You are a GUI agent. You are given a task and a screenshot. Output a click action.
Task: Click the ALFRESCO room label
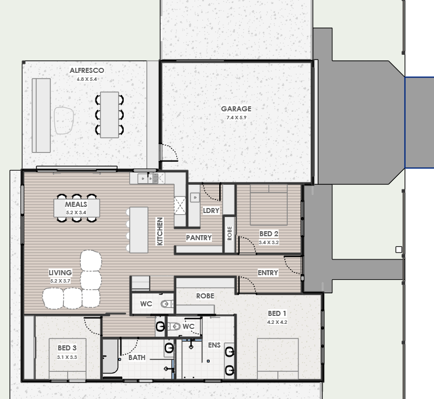[x=87, y=71]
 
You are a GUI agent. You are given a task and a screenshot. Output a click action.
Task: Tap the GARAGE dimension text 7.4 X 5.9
[x=236, y=118]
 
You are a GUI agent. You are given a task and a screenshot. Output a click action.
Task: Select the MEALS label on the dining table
[x=76, y=205]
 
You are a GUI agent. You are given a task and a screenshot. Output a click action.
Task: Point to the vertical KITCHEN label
[x=160, y=231]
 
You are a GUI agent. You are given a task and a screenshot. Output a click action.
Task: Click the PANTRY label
[x=199, y=237]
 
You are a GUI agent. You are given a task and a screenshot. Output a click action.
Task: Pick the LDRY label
[x=211, y=211]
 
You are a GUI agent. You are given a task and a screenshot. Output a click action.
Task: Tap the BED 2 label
[x=269, y=234]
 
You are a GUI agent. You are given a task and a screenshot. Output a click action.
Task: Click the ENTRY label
[x=268, y=273]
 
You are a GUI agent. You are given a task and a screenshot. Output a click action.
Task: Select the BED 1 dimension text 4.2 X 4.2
[x=277, y=322]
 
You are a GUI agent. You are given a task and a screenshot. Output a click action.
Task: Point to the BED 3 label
[x=67, y=348]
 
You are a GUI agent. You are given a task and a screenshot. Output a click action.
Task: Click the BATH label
[x=137, y=358]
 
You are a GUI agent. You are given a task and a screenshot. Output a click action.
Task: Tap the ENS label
[x=214, y=345]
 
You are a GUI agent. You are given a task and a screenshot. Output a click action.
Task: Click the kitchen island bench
[x=138, y=230]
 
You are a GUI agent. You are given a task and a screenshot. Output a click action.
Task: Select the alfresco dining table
[x=110, y=115]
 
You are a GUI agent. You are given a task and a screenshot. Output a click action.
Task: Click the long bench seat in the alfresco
[x=41, y=115]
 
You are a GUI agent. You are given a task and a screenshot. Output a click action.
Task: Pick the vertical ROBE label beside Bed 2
[x=229, y=233]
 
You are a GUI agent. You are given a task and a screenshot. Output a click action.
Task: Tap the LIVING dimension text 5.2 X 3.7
[x=60, y=281]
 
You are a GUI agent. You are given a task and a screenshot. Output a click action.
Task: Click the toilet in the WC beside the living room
[x=167, y=304]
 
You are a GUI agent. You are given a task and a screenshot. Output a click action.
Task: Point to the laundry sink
[x=195, y=197]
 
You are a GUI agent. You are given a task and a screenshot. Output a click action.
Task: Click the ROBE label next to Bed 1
[x=205, y=296]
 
